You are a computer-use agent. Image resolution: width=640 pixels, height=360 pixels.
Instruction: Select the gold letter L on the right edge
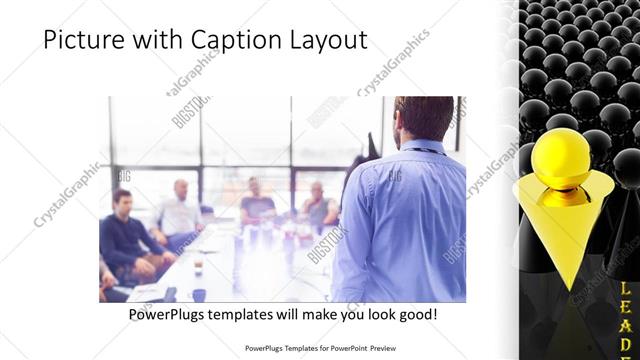click(x=627, y=290)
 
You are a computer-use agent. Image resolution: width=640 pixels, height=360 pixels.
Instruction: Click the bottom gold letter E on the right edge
click(x=627, y=345)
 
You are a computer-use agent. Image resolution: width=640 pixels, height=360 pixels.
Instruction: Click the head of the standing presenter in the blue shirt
click(x=412, y=118)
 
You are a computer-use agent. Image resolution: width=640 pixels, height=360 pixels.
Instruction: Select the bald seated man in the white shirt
click(x=180, y=210)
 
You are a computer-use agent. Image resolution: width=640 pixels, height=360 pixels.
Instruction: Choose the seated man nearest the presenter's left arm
click(x=319, y=205)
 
